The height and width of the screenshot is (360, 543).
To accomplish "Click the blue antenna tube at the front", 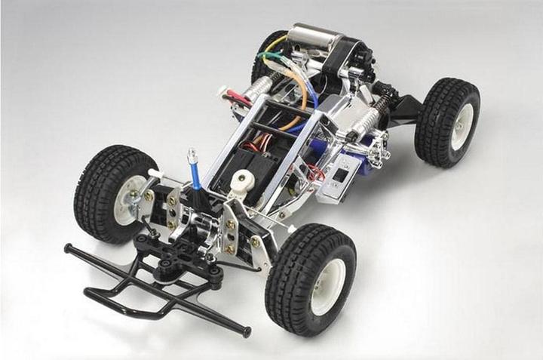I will coord(195,171).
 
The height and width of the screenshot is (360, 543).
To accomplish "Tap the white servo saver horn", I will coord(242,181).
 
